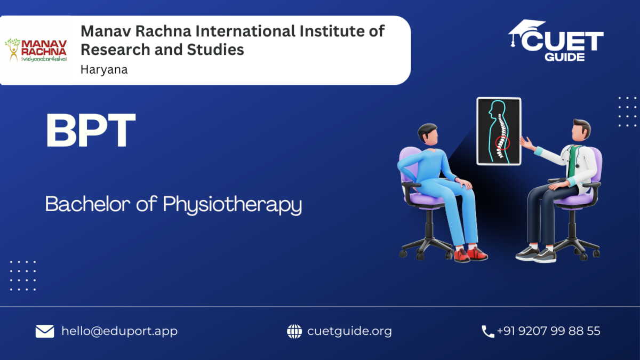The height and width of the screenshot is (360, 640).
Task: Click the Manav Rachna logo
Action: pos(36,50)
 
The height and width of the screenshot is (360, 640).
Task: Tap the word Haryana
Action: pos(104,70)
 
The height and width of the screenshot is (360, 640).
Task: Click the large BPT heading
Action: pos(91,130)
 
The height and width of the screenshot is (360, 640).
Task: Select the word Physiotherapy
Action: pos(233,205)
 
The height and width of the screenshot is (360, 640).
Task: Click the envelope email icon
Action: pos(45,331)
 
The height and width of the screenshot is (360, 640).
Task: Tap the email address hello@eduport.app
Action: pos(119,331)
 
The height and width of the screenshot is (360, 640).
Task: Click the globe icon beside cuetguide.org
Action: pos(294,331)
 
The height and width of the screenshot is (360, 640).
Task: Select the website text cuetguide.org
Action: pos(349,331)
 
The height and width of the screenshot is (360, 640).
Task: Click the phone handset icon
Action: pos(487,332)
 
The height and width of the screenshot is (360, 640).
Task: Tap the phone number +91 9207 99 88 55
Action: pos(549,331)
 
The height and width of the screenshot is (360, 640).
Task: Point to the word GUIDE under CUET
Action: pos(564,57)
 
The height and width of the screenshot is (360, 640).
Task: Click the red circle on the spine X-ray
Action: pos(502,143)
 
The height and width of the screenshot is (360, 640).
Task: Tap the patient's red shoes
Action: pos(470,254)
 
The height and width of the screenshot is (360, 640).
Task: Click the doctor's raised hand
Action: pos(527,143)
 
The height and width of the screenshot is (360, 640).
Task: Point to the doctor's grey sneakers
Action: pos(536,254)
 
